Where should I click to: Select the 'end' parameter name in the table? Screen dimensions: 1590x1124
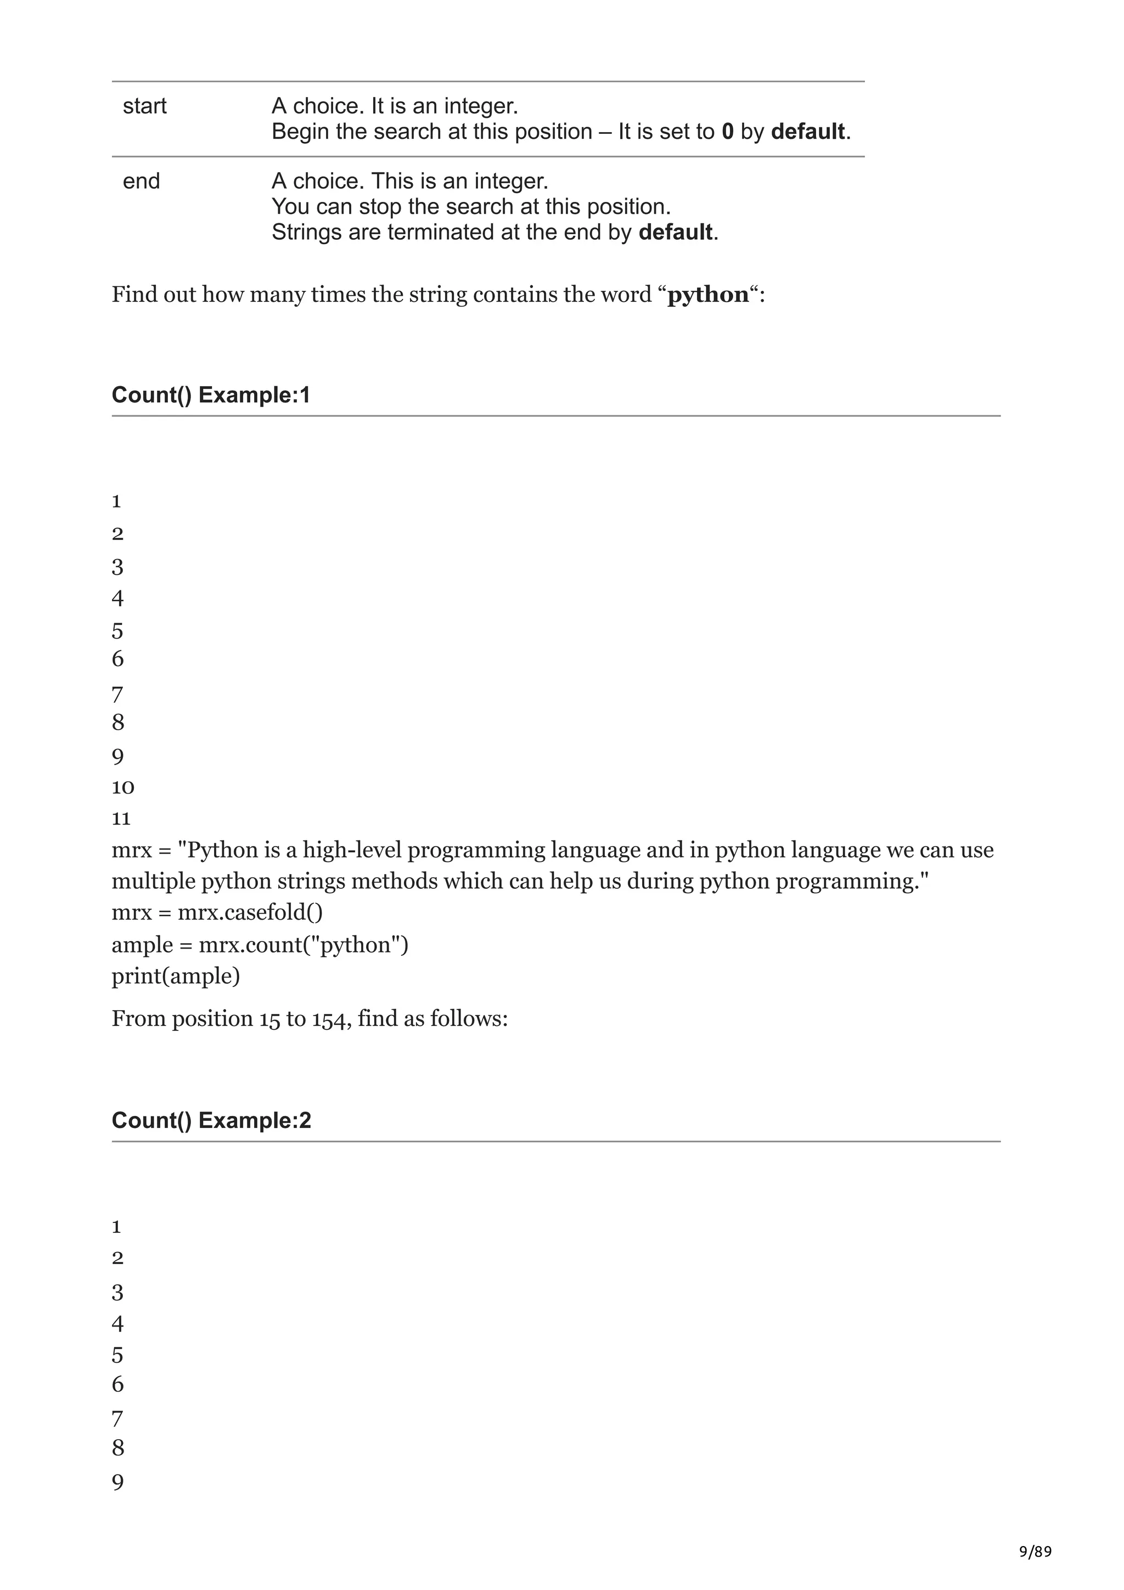(x=140, y=182)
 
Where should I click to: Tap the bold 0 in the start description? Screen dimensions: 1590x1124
(x=727, y=132)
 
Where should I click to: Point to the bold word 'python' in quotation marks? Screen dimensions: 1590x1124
(x=708, y=295)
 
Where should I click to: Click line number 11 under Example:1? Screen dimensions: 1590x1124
(x=121, y=819)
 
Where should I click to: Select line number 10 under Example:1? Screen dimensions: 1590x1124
(x=122, y=787)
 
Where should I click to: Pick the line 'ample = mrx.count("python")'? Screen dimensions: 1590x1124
(x=260, y=945)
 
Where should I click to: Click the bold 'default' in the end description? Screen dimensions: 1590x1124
(x=675, y=232)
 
